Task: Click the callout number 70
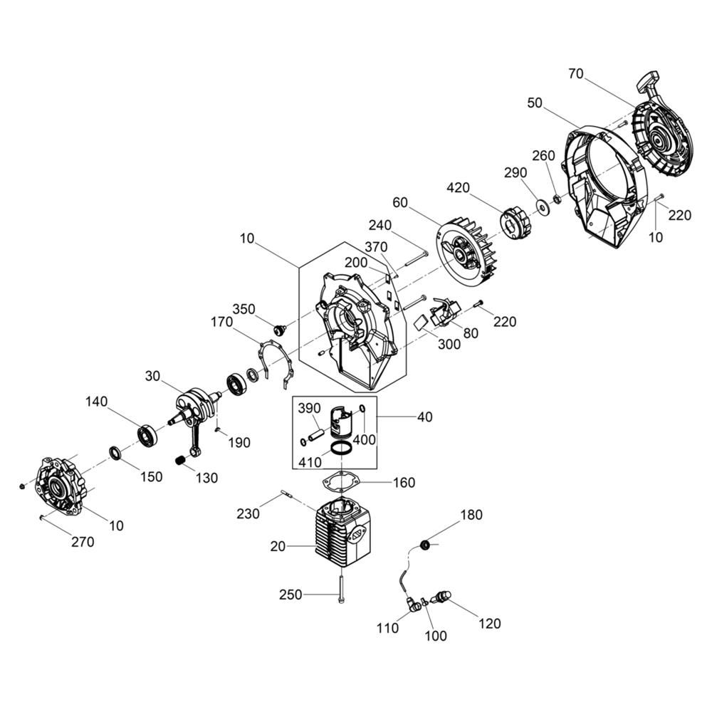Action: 576,73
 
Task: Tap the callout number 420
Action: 458,187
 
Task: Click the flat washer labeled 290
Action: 542,205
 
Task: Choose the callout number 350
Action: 244,309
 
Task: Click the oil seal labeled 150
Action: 115,453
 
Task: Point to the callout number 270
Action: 83,542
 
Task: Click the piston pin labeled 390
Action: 315,432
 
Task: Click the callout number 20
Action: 278,547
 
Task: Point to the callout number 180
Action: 472,515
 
